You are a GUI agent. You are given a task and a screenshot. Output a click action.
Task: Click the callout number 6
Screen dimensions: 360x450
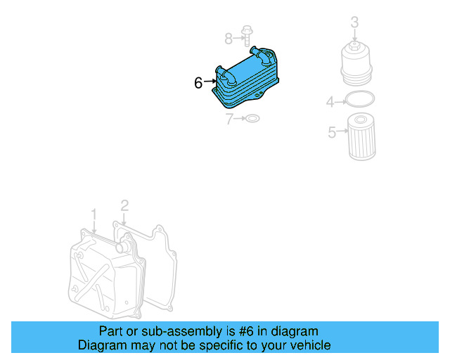click(x=198, y=83)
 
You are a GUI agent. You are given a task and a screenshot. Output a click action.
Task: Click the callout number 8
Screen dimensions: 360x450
click(x=228, y=37)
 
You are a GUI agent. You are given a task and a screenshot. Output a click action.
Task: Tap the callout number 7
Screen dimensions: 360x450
click(x=229, y=119)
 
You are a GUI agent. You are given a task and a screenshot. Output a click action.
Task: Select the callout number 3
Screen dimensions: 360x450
click(x=354, y=22)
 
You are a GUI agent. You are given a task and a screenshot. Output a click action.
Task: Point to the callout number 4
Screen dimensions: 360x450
click(x=330, y=103)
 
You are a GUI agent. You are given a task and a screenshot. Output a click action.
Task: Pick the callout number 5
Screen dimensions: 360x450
click(x=332, y=131)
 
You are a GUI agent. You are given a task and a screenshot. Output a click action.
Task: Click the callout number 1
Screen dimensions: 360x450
click(x=94, y=213)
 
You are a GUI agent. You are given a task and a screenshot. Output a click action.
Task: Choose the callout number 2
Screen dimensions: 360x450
click(x=124, y=205)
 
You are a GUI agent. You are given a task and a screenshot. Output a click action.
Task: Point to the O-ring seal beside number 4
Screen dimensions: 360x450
click(x=360, y=99)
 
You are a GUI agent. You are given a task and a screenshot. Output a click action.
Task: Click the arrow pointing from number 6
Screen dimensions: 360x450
click(x=210, y=83)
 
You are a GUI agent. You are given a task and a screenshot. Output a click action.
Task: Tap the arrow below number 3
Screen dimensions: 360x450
click(x=355, y=36)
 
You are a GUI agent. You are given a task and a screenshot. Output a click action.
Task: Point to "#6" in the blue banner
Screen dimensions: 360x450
click(x=249, y=331)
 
